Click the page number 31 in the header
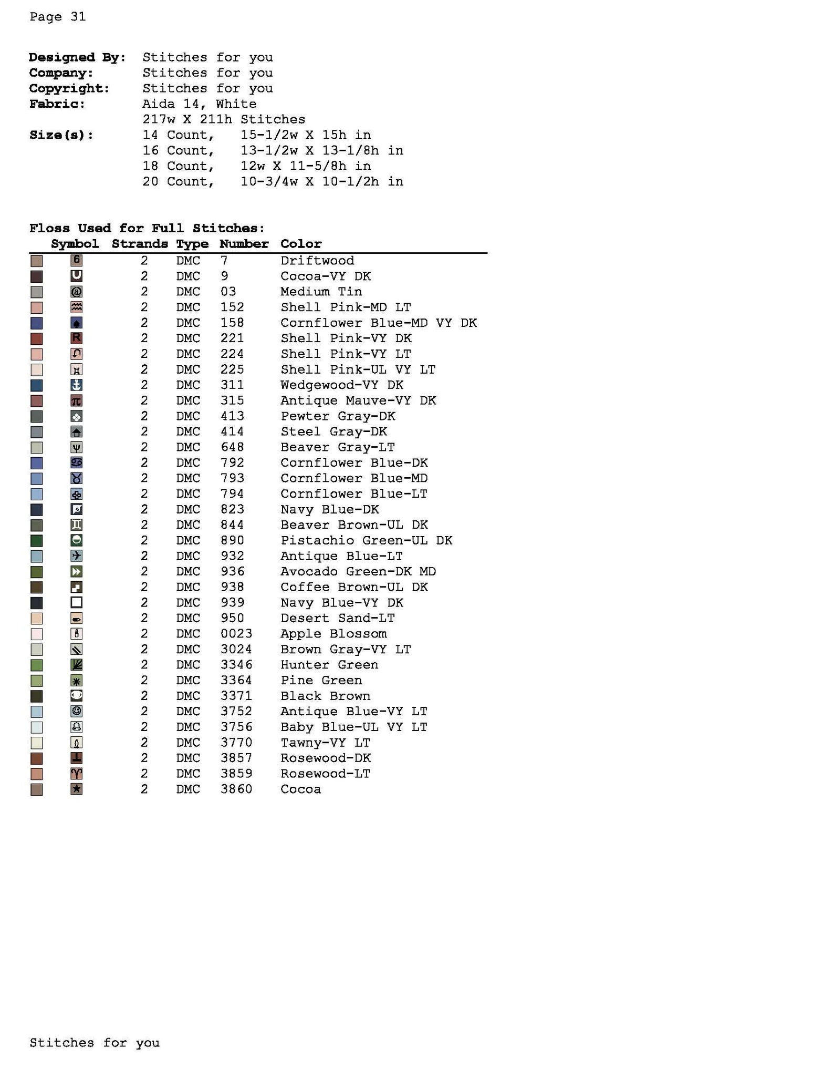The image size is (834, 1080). click(x=78, y=17)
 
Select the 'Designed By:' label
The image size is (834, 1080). click(x=77, y=57)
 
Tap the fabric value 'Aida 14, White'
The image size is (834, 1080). click(x=199, y=104)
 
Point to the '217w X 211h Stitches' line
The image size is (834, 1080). click(x=223, y=119)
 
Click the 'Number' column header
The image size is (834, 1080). click(x=244, y=244)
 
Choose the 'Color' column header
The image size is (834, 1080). click(x=300, y=244)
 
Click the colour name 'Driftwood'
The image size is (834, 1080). click(x=317, y=261)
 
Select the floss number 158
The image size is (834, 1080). click(x=232, y=323)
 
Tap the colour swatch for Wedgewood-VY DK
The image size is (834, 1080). click(x=36, y=385)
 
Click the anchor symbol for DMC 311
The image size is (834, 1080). click(x=76, y=385)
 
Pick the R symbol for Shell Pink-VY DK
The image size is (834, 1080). click(x=76, y=338)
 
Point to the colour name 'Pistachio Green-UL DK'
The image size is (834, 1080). click(x=366, y=540)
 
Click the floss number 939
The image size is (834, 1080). click(x=232, y=603)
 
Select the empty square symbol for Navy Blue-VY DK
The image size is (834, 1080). click(x=76, y=603)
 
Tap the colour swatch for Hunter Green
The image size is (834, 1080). click(x=36, y=665)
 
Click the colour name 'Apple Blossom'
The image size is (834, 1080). click(x=333, y=634)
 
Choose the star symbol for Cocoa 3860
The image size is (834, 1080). click(x=76, y=789)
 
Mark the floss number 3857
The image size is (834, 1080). click(x=236, y=758)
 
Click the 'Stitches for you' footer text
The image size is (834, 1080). click(x=95, y=1043)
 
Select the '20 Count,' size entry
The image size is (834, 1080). click(x=178, y=182)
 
